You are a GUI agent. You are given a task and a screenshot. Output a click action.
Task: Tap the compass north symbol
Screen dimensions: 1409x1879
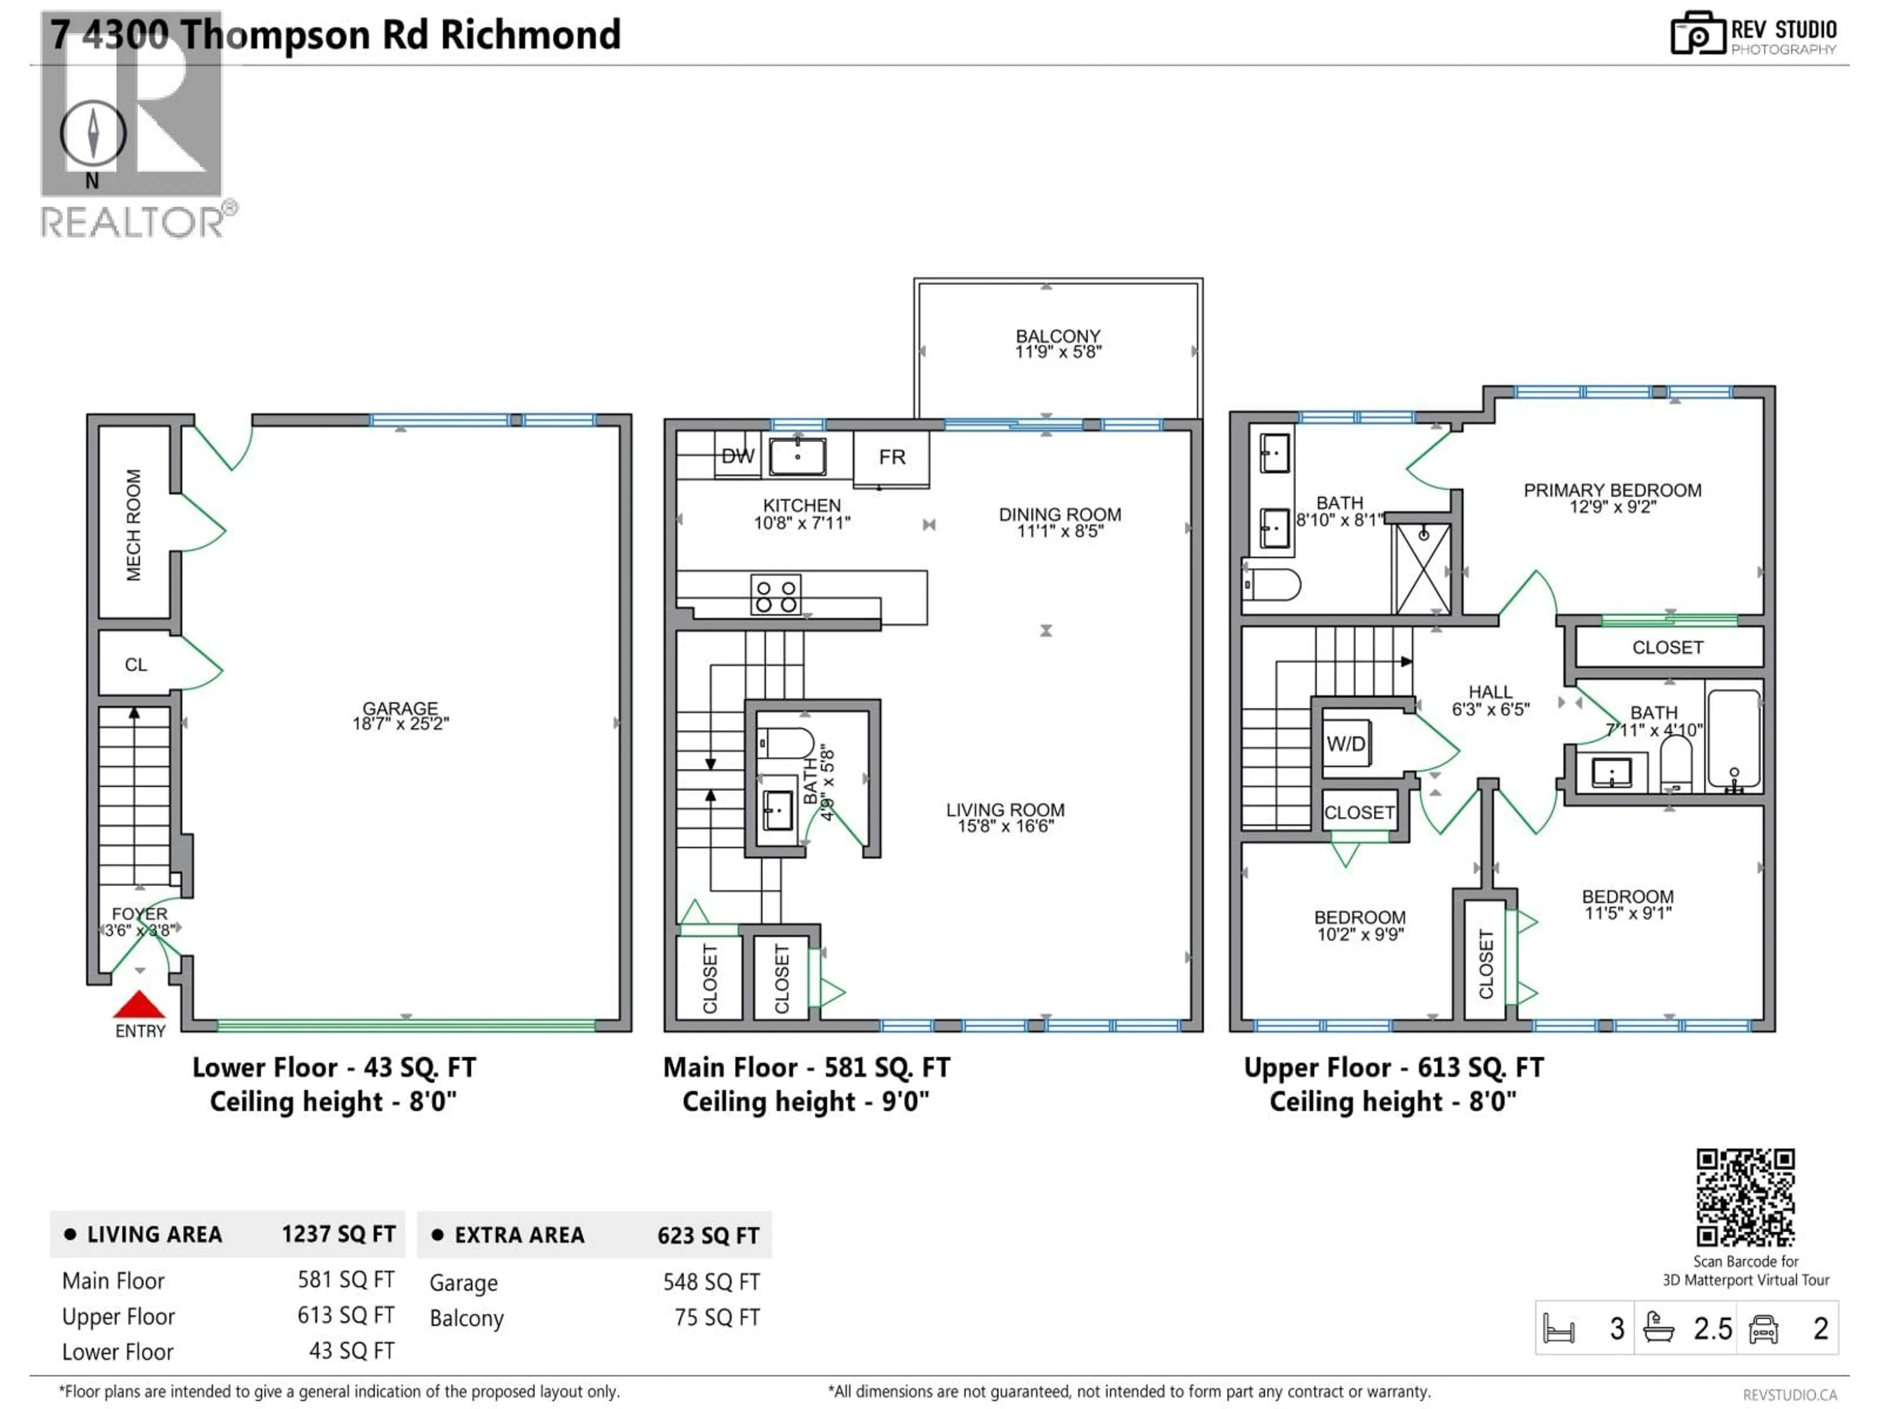92,134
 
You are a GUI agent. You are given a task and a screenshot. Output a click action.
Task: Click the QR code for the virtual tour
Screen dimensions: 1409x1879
1745,1198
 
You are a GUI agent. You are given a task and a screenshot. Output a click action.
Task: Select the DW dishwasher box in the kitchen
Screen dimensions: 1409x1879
737,456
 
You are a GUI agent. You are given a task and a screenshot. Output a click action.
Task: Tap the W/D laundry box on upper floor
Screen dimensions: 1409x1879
1346,744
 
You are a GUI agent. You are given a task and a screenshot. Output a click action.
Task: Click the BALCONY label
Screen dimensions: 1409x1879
1057,336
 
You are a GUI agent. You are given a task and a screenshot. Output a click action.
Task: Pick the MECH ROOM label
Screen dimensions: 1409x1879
134,525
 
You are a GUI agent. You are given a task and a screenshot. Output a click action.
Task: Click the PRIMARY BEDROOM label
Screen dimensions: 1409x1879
1611,490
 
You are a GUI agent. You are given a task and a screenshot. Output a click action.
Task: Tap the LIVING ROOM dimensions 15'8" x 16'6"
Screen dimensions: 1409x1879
1006,826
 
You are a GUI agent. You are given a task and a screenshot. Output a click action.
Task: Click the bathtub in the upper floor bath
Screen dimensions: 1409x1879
1734,738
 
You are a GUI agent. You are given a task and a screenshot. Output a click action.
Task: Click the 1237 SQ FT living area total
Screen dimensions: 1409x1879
338,1234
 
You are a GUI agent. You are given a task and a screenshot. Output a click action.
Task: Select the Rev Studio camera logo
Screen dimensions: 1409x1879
1697,34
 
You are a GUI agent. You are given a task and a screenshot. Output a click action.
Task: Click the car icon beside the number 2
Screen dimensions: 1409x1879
1764,1329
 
